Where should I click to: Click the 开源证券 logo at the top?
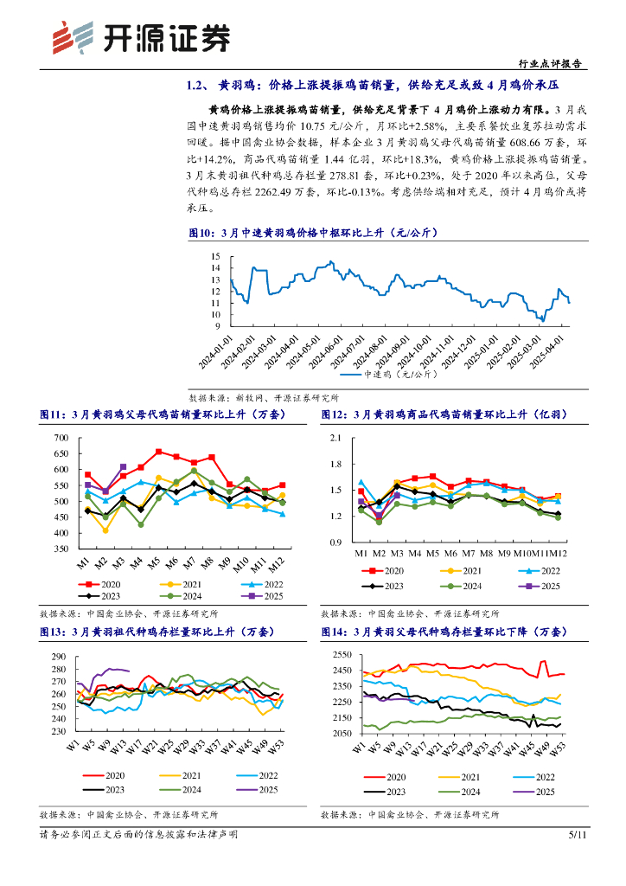(x=143, y=37)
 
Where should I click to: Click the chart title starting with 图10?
(x=315, y=233)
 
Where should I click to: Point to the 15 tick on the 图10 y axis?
(x=215, y=256)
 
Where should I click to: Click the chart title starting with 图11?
(x=157, y=415)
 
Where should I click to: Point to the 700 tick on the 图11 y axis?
(x=60, y=438)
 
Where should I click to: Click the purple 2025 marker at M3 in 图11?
(x=123, y=467)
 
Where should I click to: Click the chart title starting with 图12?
(x=439, y=415)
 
